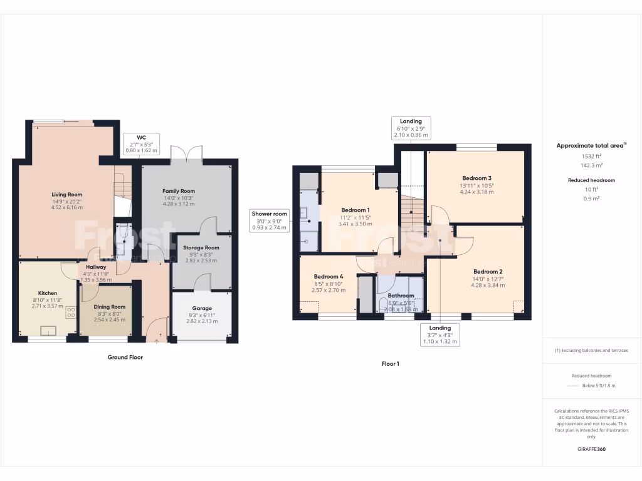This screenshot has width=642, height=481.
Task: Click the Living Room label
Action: click(x=67, y=195)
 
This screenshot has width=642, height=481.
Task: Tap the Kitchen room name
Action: click(x=48, y=293)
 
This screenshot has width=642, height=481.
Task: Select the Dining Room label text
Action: click(x=110, y=307)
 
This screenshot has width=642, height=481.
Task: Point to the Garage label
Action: click(x=202, y=308)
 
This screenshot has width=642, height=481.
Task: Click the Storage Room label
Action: click(x=201, y=247)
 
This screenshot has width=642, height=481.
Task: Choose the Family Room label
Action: click(x=179, y=191)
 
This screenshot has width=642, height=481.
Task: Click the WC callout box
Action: click(x=141, y=143)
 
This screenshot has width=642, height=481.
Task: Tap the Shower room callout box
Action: click(x=270, y=220)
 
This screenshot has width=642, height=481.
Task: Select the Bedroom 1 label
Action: click(x=355, y=210)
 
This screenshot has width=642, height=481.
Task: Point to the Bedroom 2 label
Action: click(x=488, y=272)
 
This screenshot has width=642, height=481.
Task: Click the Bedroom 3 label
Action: click(x=476, y=178)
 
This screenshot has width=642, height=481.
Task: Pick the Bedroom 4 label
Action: click(x=329, y=277)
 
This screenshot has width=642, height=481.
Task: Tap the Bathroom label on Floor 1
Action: click(x=401, y=296)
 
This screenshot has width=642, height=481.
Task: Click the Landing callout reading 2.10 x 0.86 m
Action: click(x=411, y=128)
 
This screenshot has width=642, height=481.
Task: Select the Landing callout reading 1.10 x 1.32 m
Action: click(x=439, y=334)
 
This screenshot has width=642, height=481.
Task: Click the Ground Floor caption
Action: click(x=125, y=358)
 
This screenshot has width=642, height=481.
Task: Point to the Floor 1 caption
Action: click(x=390, y=363)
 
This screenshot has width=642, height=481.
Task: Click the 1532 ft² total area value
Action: click(x=591, y=157)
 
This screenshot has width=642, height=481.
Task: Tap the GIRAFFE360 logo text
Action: click(x=591, y=449)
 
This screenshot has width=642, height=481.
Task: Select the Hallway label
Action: click(x=96, y=267)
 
